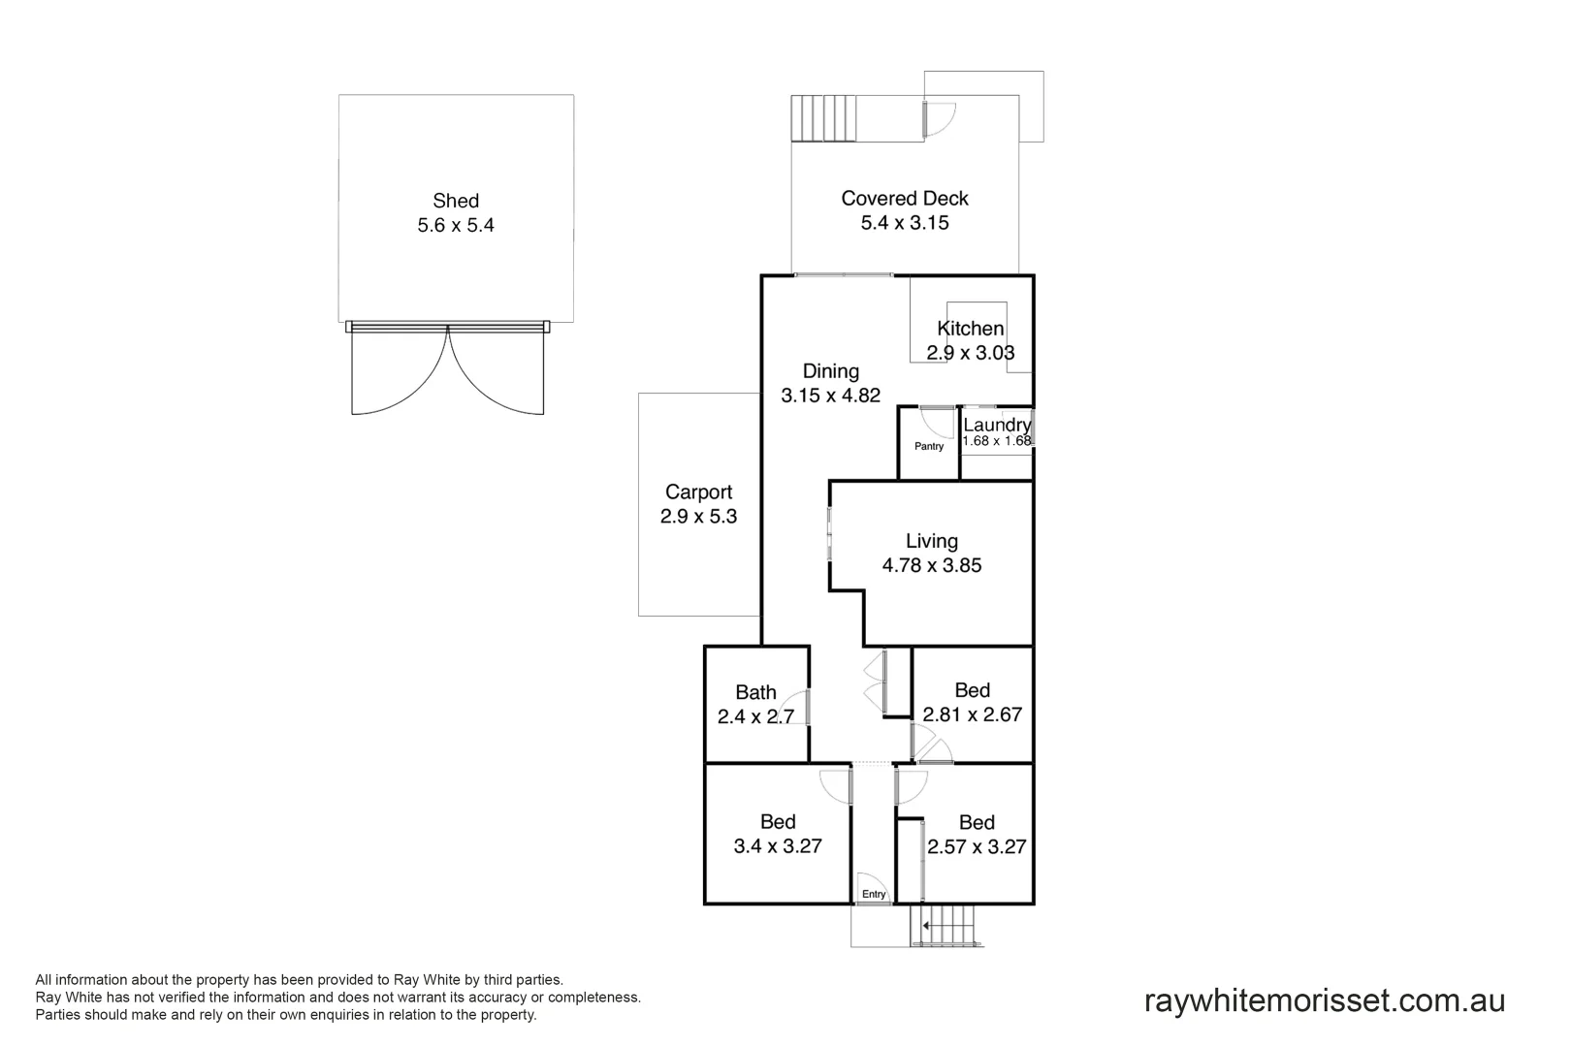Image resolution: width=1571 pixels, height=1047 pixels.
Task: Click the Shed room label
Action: (x=456, y=201)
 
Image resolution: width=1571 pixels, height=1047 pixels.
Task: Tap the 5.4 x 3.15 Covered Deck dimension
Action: (x=904, y=223)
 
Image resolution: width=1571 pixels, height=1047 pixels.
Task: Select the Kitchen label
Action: (x=970, y=329)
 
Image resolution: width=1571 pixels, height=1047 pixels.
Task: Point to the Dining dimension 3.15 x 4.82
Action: (x=830, y=396)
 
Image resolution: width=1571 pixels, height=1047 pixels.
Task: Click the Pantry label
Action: (x=929, y=447)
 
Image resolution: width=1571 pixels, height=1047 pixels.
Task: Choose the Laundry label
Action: (x=997, y=425)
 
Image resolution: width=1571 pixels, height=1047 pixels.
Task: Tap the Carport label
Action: (x=698, y=492)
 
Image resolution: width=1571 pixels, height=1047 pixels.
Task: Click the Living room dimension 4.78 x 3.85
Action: (x=931, y=566)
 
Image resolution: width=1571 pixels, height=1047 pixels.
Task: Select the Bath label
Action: (x=755, y=692)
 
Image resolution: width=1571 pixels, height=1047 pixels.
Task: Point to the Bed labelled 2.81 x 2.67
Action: (x=972, y=690)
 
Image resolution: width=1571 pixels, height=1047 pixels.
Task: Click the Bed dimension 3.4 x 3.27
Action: (x=778, y=846)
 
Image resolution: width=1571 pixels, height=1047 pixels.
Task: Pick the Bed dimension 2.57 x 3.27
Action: (x=977, y=847)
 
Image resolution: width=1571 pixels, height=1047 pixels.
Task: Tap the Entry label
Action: (x=874, y=895)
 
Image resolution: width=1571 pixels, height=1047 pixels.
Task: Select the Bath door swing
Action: (x=797, y=708)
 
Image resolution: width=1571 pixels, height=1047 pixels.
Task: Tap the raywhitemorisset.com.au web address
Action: (x=1324, y=1000)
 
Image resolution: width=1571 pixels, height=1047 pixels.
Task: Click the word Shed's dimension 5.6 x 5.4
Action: (x=456, y=226)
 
